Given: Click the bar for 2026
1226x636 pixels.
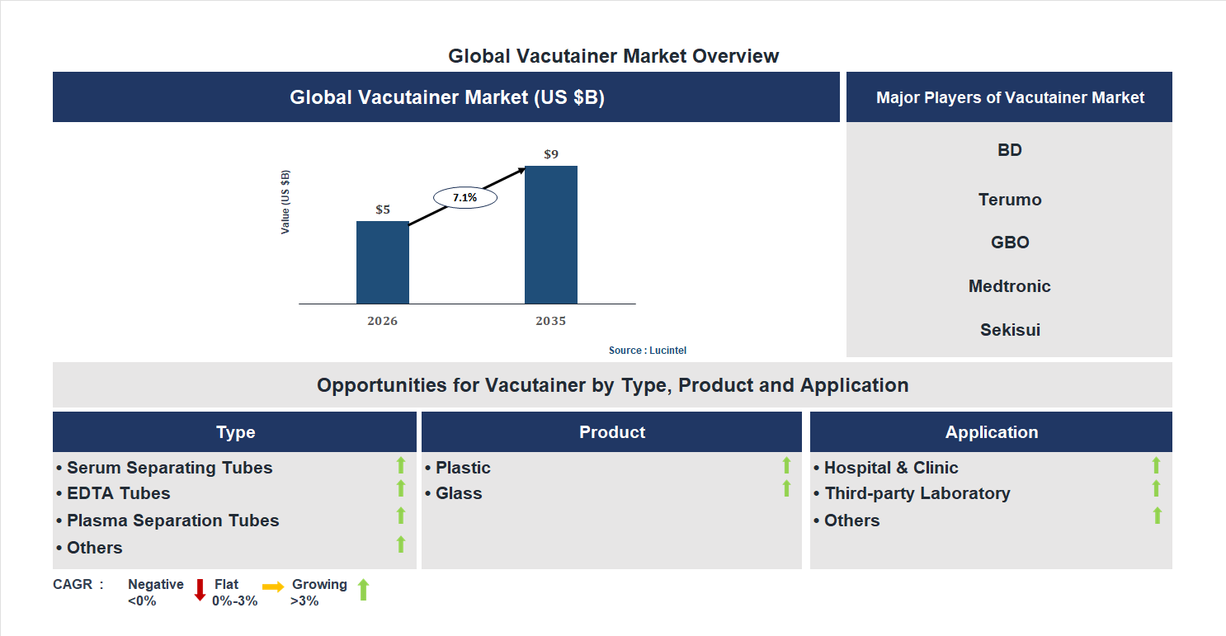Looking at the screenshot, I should (382, 262).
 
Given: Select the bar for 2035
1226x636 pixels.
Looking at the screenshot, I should (550, 234).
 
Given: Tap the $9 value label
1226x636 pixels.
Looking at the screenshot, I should (550, 154).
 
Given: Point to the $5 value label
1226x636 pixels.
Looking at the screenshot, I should (383, 210).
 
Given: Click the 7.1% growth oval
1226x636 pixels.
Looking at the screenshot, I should (465, 198).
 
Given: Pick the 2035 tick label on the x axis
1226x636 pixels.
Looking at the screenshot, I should (550, 321).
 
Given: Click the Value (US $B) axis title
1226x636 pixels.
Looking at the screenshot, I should (285, 202).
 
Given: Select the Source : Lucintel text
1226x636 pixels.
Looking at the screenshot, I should (647, 351).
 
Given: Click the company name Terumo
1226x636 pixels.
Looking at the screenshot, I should (1009, 200).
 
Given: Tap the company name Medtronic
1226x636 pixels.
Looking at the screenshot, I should (1009, 286).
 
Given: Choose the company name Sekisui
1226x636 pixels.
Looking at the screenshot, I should (1009, 330).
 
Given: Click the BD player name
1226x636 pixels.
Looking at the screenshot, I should (1009, 150).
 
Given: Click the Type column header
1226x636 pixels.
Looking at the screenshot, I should (235, 432).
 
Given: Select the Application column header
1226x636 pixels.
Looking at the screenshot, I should (991, 432).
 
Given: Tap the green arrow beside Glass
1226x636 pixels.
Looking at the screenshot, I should (786, 489).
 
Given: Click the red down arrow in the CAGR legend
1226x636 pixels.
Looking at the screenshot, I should (200, 590).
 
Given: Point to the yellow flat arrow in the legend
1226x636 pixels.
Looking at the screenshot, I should (273, 587).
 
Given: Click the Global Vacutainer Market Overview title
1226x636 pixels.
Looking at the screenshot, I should (613, 56).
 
